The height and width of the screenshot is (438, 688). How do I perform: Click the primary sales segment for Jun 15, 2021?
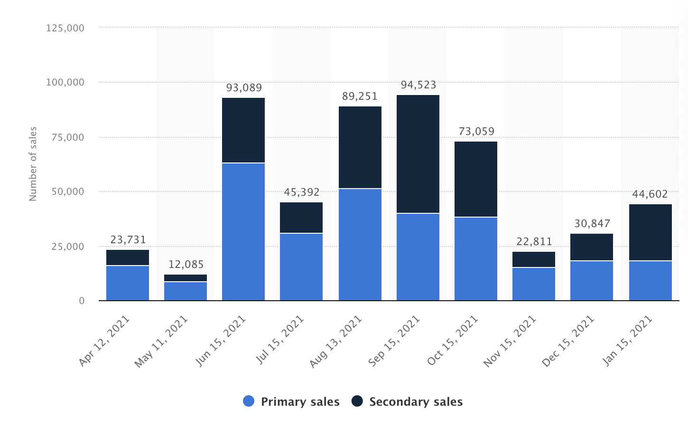tap(243, 232)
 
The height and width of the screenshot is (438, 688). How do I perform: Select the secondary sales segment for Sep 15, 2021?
tap(418, 154)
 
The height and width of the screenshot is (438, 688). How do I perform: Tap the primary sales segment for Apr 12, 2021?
tap(128, 283)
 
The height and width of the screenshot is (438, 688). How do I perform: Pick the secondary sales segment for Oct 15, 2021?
tap(476, 179)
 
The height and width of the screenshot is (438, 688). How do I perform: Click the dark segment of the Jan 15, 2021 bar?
tap(651, 232)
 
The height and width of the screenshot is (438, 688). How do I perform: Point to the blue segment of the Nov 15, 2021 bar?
tap(534, 284)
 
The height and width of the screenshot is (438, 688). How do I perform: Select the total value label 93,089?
tap(244, 88)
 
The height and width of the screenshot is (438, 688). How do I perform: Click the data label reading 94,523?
tap(418, 85)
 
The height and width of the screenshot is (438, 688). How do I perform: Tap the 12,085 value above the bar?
tap(186, 265)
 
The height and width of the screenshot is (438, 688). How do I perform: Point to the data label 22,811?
tap(534, 242)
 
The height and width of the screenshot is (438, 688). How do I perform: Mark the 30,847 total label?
tap(592, 224)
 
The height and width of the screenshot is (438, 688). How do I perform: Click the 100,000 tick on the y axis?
tap(65, 83)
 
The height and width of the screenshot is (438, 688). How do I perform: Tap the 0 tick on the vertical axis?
tap(82, 301)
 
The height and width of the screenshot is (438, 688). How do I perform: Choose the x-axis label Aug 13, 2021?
tap(336, 341)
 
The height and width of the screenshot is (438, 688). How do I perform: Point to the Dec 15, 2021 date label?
tap(568, 341)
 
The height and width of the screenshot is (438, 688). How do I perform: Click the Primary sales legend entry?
tap(291, 402)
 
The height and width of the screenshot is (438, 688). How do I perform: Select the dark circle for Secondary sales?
tap(357, 401)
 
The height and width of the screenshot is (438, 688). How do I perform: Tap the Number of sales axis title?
tap(33, 164)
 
